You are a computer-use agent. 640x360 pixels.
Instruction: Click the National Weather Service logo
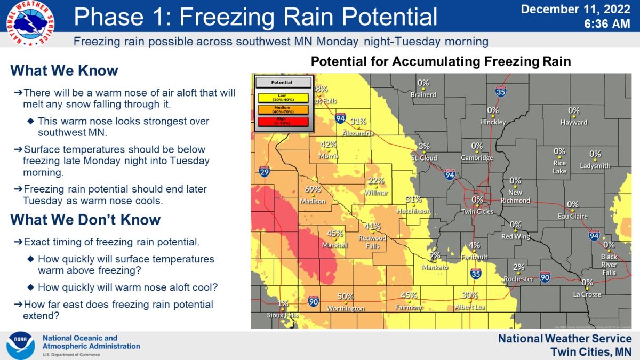tap(30, 23)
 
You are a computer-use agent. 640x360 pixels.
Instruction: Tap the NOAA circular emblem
tap(21, 345)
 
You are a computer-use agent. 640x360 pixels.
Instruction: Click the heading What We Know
tap(64, 71)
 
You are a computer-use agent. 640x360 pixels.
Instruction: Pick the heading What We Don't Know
tap(85, 220)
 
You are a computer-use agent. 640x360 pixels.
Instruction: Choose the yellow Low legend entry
tap(282, 98)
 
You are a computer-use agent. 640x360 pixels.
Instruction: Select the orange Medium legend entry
tap(282, 110)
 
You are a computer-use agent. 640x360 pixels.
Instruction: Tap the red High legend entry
tap(282, 122)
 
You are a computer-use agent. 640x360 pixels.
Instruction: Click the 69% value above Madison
tap(313, 189)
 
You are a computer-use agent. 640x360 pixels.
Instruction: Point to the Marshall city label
tap(335, 245)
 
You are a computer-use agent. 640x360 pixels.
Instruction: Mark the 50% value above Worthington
tap(345, 297)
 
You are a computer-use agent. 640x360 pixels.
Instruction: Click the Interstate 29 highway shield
tap(263, 171)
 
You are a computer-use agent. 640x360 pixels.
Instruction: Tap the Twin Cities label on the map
tap(477, 212)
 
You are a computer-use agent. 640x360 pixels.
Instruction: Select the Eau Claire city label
tap(573, 216)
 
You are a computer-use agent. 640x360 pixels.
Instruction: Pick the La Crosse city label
tap(587, 294)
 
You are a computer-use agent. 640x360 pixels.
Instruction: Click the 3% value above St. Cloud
tap(424, 147)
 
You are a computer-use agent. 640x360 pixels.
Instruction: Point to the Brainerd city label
tap(423, 95)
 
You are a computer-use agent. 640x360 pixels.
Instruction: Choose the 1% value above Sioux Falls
tap(283, 303)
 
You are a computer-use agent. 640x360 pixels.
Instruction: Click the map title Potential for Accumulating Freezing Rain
tap(441, 62)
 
